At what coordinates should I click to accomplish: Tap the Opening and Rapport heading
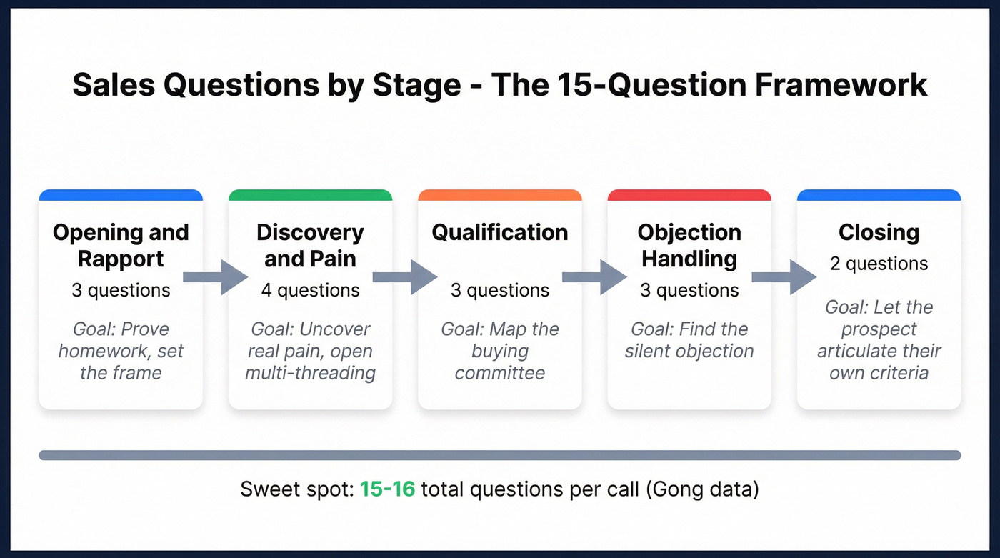121,245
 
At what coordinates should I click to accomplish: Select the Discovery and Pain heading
310,245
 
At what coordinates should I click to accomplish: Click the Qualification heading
500,232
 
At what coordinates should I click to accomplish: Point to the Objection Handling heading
689,245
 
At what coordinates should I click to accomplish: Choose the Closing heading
879,232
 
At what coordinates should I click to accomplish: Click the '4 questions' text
310,290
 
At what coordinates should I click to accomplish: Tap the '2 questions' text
879,264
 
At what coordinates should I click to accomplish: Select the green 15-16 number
387,489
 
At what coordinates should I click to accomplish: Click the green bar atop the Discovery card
310,195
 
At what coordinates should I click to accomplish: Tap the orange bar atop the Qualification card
500,195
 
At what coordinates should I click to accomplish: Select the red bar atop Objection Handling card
689,195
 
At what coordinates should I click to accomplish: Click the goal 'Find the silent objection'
689,340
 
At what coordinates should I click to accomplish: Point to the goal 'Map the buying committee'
500,351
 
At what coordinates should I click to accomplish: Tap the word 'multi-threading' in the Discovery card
310,372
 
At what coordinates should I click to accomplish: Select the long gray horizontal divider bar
500,455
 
